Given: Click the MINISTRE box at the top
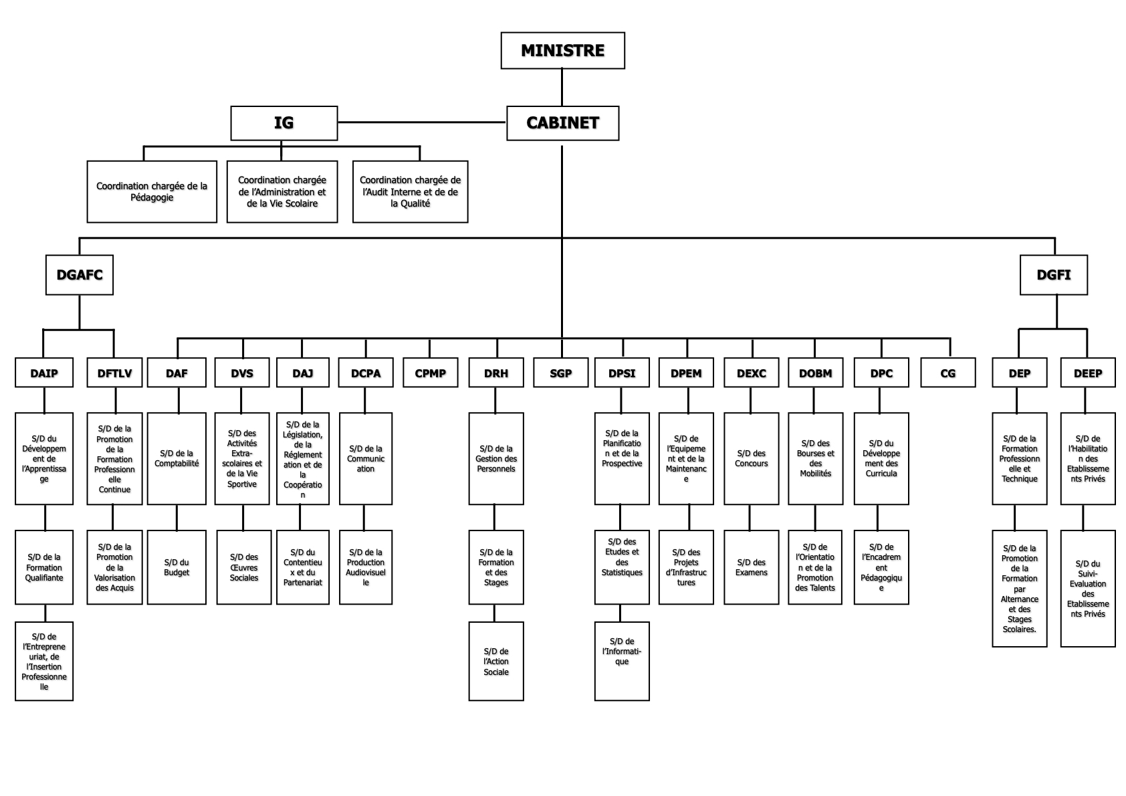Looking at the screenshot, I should coord(562,51).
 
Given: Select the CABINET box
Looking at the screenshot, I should coord(562,123).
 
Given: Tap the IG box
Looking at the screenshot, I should coord(284,123).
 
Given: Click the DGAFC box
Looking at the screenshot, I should coord(80,275).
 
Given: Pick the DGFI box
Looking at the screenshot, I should coord(1053,275).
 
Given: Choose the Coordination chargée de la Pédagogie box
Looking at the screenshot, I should coord(152,192).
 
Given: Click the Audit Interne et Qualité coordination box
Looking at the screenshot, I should coord(410,192).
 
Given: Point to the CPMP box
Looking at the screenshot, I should coord(430,373).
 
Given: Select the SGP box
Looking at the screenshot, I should coord(560,373).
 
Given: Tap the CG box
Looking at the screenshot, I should coord(947,373).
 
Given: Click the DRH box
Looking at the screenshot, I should coord(495,373).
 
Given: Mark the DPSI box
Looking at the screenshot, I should coord(622,373).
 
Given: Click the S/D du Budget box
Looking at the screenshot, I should coord(177,567).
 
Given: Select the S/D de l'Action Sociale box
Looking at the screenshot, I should coord(495,661).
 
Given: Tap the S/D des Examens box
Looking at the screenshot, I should coord(751,567).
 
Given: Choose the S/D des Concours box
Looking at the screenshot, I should coord(751,459).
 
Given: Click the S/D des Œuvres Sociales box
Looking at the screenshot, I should coord(243,567).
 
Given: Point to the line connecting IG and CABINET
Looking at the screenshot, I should coord(421,122).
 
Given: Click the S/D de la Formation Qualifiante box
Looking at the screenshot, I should coord(44,567).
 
